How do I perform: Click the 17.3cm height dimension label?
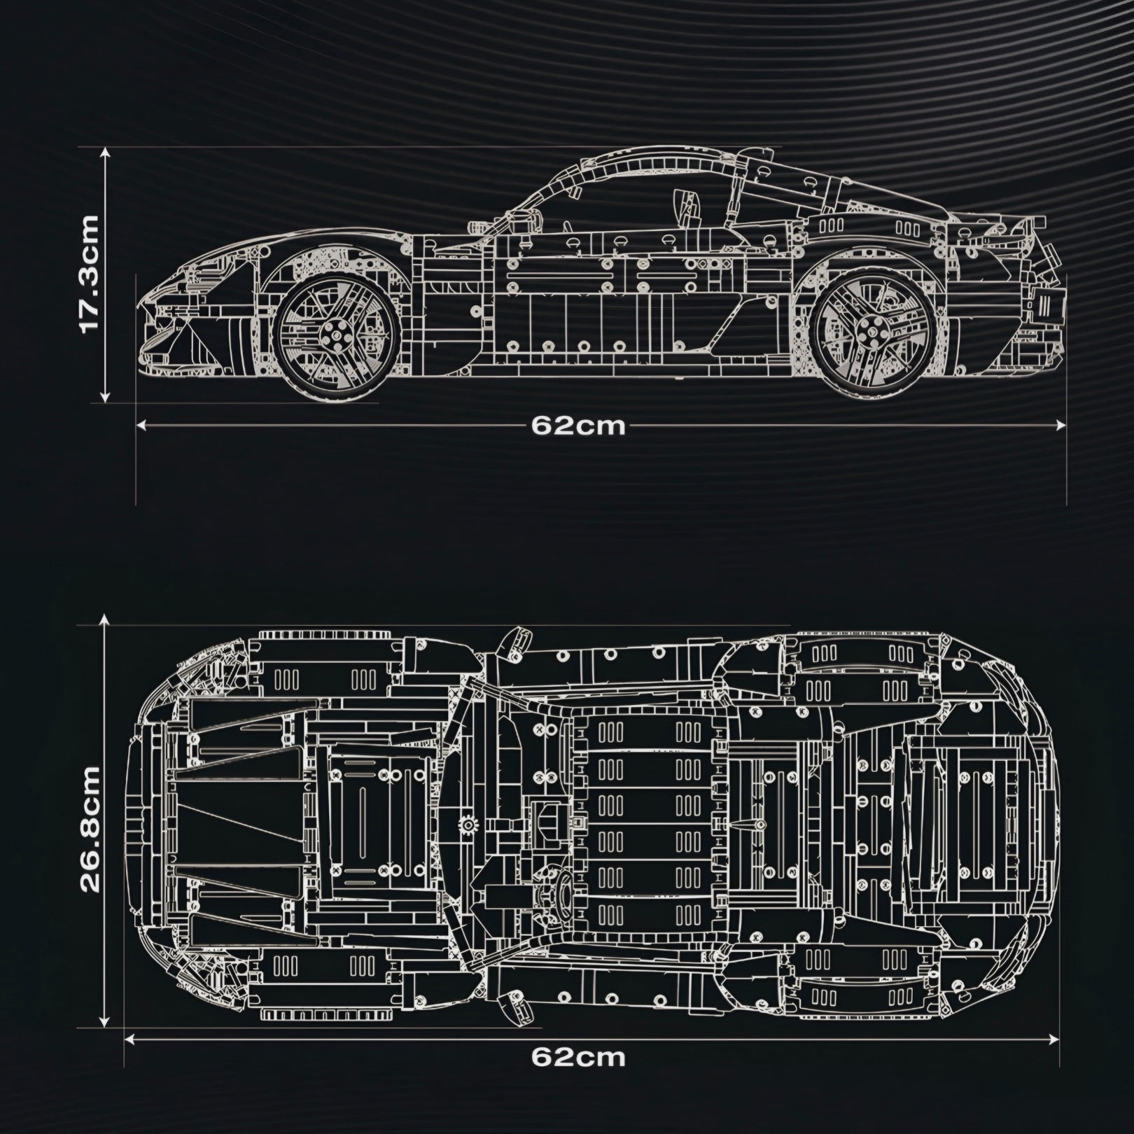coord(90,274)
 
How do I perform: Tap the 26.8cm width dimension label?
coord(90,829)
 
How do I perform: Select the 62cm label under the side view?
coord(578,426)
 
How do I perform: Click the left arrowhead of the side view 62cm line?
coord(140,424)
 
